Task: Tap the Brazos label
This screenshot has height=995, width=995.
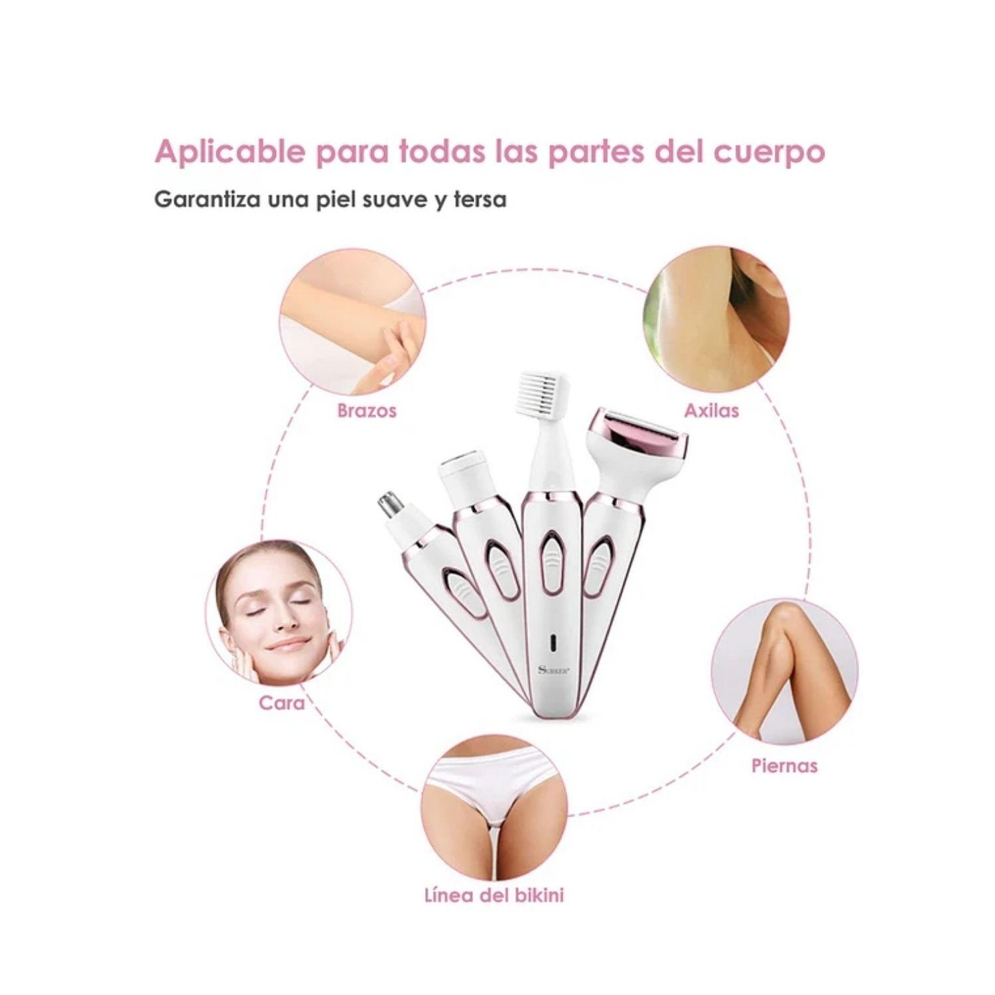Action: coord(367,411)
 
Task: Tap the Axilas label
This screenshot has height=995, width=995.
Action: coord(711,411)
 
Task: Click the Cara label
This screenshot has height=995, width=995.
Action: coord(281,702)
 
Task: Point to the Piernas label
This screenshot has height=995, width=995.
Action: coord(784,765)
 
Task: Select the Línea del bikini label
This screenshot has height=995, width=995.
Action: coord(494,895)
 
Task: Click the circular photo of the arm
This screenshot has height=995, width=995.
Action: coord(352,322)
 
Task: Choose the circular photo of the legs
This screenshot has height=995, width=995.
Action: coord(784,670)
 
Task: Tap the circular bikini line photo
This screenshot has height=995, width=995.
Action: coord(494,806)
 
